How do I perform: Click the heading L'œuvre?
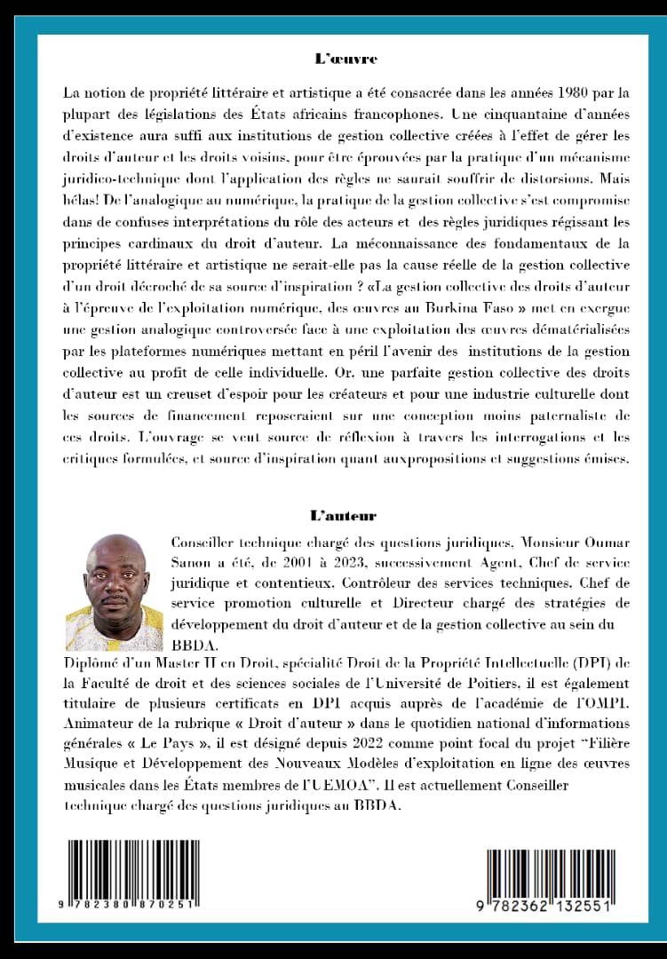point(345,59)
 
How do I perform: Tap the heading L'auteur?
point(343,515)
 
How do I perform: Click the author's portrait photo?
point(115,592)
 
